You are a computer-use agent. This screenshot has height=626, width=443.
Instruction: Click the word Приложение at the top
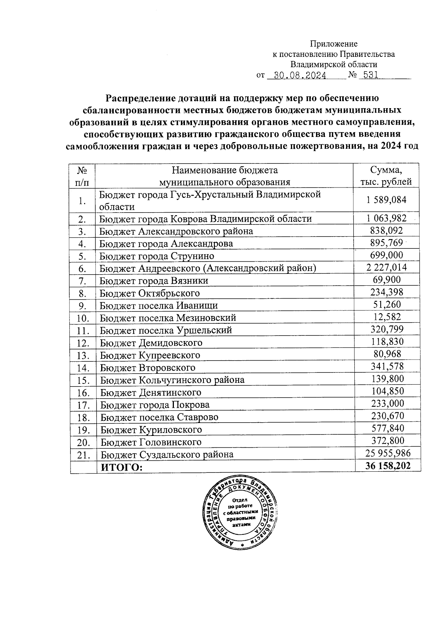(x=333, y=44)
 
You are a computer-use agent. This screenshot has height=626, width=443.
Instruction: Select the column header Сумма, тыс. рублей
(x=386, y=176)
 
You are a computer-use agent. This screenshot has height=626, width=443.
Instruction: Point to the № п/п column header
(x=82, y=176)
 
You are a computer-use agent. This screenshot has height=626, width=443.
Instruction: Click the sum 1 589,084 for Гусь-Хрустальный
(x=386, y=200)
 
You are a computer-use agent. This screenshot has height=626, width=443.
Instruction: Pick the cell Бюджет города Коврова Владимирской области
(x=206, y=219)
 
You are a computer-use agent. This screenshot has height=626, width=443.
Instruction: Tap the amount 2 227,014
(x=386, y=268)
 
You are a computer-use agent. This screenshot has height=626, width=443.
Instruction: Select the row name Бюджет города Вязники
(x=154, y=281)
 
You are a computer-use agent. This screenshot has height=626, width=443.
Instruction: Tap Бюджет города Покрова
(x=155, y=405)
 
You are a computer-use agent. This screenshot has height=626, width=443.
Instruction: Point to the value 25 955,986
(x=388, y=453)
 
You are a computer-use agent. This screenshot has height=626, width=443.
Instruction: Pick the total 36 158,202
(x=388, y=466)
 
